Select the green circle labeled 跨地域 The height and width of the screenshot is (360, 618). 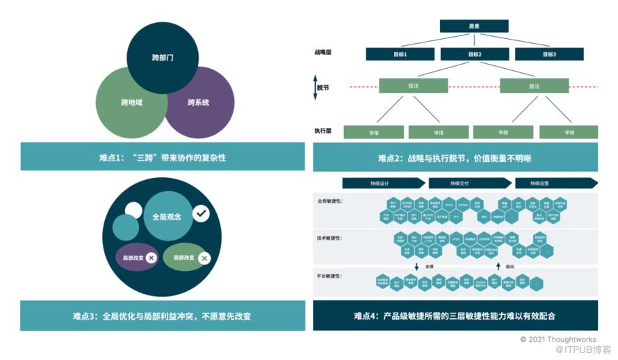[x=131, y=103]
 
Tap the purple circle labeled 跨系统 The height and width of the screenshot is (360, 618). [x=198, y=103]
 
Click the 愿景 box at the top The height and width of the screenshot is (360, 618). [x=474, y=26]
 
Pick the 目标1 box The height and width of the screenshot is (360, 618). [x=400, y=54]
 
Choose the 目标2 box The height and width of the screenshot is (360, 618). [x=475, y=54]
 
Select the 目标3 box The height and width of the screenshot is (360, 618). [x=550, y=54]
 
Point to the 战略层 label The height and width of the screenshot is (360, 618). [x=324, y=52]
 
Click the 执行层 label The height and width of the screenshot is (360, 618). [x=324, y=131]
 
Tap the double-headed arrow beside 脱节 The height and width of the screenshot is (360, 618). [x=315, y=88]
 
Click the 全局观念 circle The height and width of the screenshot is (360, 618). [x=167, y=217]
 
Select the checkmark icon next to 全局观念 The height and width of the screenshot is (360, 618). [x=202, y=213]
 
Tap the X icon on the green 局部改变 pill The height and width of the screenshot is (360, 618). [x=204, y=259]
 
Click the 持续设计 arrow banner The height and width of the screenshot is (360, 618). [x=383, y=183]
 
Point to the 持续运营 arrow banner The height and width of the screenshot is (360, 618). [x=555, y=183]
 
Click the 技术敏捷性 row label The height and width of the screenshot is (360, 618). [x=330, y=238]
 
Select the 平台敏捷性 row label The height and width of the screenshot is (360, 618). [x=330, y=277]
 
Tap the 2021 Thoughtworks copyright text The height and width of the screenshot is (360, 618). [x=558, y=338]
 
